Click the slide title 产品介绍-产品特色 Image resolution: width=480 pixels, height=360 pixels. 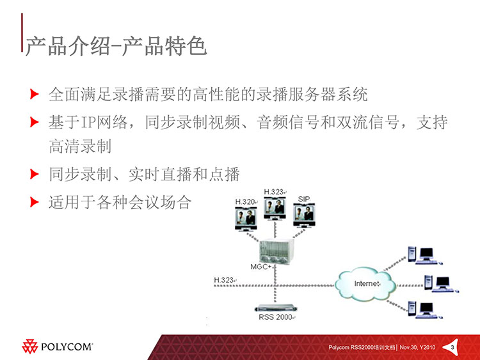point(116,47)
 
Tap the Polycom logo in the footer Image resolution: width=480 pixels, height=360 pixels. point(57,346)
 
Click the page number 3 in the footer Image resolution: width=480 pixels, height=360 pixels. point(452,347)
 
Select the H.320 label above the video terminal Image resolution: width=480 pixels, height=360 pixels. point(245,202)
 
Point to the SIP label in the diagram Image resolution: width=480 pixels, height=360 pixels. point(303,199)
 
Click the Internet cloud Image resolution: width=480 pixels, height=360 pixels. point(365,283)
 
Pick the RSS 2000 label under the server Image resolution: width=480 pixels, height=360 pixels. point(275,317)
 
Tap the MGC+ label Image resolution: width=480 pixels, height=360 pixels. point(261,267)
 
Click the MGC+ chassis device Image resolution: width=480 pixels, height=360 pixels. point(276,251)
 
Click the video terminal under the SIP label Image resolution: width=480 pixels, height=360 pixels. point(304,215)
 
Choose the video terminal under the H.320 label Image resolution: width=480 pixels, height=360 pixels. point(246,219)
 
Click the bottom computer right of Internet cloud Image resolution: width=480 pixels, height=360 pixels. point(425,310)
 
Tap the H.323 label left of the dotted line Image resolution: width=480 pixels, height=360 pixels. point(224,280)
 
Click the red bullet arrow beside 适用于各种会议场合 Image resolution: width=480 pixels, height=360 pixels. point(35,202)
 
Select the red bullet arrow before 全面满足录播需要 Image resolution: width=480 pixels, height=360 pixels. point(35,94)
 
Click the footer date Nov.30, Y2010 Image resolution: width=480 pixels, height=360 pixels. point(417,347)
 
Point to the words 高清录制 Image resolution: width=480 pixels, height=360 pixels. point(80,146)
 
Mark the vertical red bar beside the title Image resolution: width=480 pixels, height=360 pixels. point(22,32)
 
